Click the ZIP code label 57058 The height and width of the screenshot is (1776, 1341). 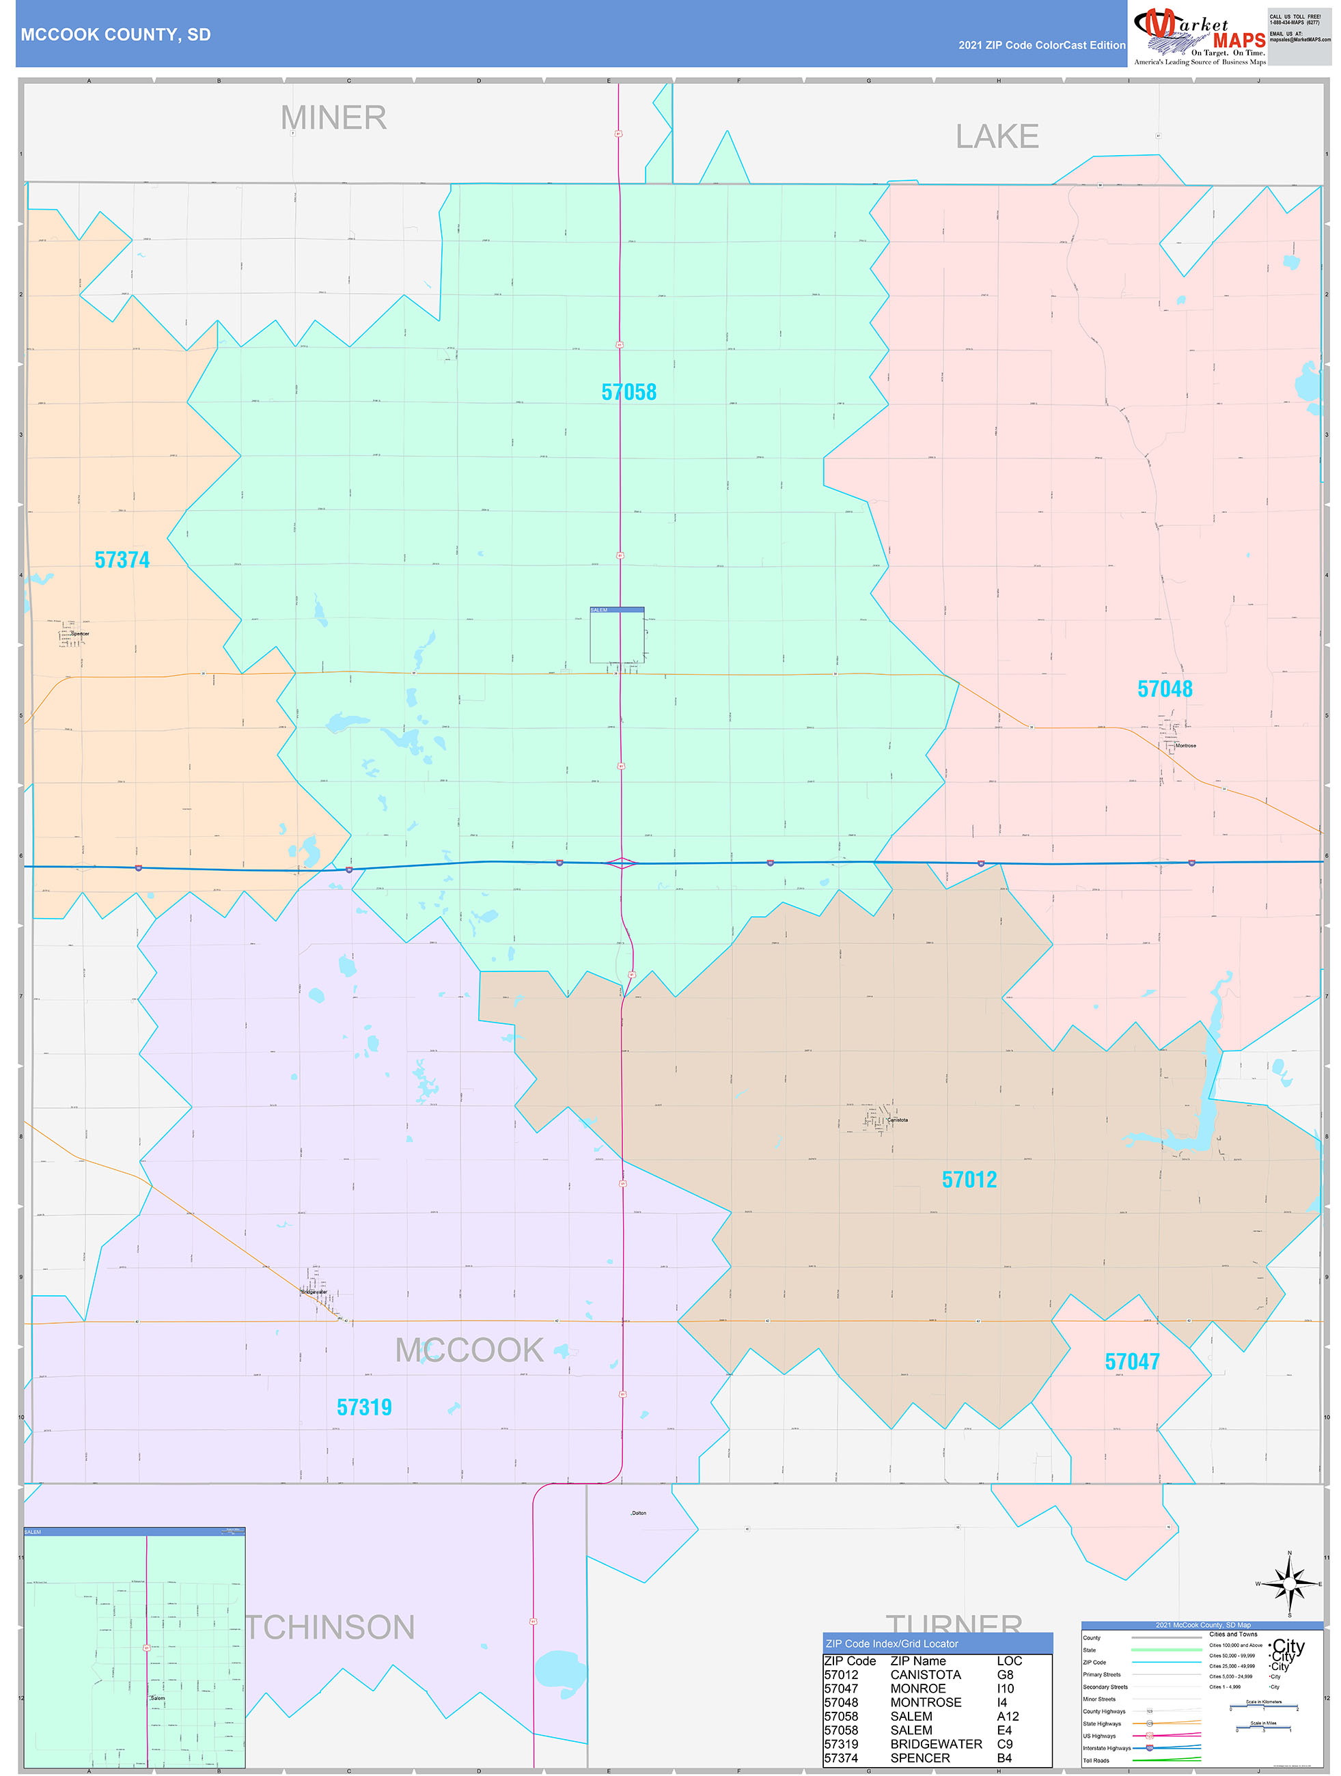click(x=628, y=392)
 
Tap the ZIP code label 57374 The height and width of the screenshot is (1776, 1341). click(x=122, y=559)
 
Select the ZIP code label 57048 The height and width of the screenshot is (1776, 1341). click(x=1164, y=689)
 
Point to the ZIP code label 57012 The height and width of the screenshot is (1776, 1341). click(x=969, y=1180)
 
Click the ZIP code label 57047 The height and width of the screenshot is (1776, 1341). click(x=1131, y=1361)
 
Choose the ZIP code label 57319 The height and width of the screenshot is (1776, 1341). click(x=363, y=1407)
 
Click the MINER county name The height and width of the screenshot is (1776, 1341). click(x=333, y=118)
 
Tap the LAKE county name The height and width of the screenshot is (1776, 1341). click(x=997, y=137)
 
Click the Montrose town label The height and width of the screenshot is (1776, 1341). click(x=1185, y=746)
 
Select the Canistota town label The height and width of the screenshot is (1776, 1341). click(x=898, y=1120)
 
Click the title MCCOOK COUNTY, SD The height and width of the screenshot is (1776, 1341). click(x=115, y=35)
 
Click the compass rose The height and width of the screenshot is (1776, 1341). click(x=1289, y=1583)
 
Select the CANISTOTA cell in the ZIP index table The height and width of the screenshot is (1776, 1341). click(x=925, y=1675)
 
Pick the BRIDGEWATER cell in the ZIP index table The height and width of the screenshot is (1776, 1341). click(x=935, y=1744)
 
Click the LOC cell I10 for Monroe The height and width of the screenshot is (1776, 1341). click(x=1006, y=1689)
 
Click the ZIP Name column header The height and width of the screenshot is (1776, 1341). click(x=918, y=1661)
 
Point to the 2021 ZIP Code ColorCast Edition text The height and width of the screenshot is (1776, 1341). click(x=1042, y=45)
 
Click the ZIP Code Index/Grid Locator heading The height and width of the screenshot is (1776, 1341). click(x=891, y=1643)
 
